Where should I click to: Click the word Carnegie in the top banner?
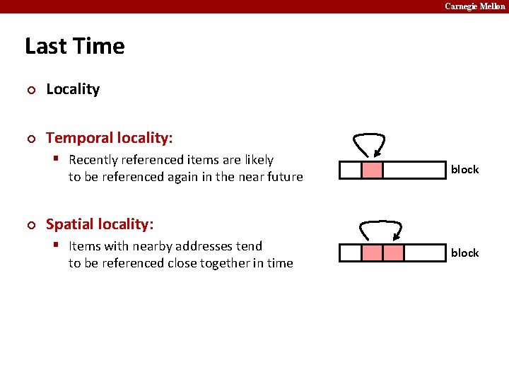coord(461,6)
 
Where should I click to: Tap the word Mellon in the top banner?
coord(492,6)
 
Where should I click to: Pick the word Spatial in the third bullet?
coord(69,224)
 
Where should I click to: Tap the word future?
coord(282,177)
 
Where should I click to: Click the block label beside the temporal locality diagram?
coord(464,170)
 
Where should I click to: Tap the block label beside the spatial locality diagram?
coord(464,253)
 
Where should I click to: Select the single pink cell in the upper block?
coord(372,170)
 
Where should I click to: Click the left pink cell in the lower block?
coord(372,253)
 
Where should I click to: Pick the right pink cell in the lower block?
coord(394,253)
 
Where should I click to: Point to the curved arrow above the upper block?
coord(368,144)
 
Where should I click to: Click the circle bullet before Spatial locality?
coord(30,225)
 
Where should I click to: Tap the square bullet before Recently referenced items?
coord(59,159)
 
